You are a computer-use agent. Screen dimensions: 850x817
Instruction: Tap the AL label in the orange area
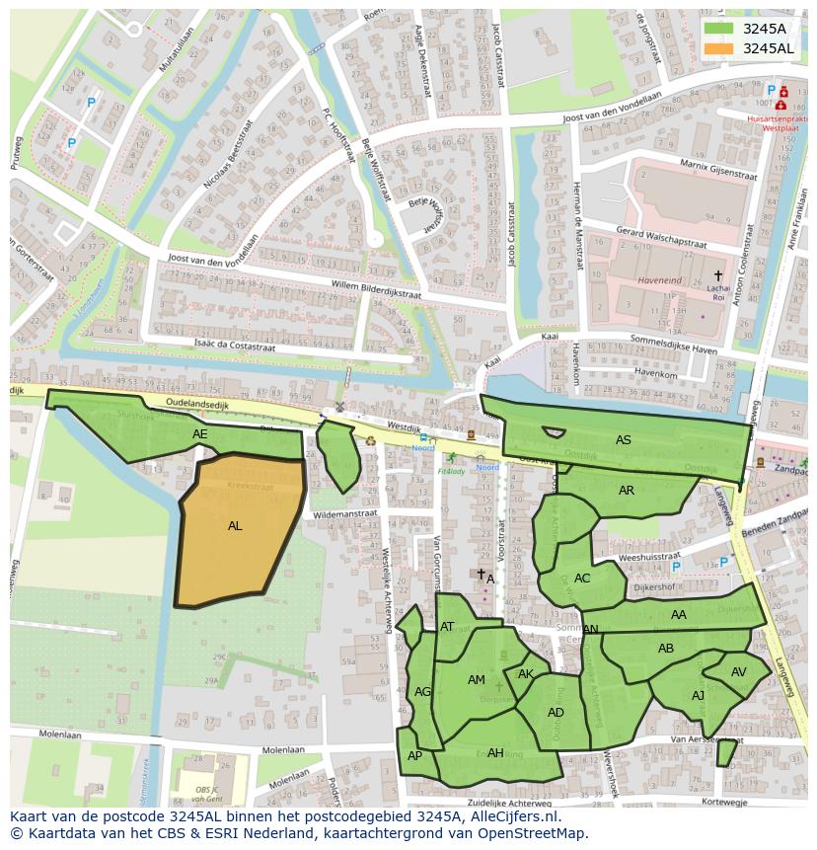coord(235,526)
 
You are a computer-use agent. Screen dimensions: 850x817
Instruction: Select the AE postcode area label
coord(200,434)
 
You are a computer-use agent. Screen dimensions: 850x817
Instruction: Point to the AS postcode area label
coord(623,440)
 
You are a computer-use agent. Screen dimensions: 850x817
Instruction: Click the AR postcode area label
coord(627,491)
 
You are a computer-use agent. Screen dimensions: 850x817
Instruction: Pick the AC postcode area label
coord(582,579)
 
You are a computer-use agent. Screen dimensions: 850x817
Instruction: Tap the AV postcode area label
coord(739,672)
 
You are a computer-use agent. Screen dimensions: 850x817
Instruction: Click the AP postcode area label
coord(414,756)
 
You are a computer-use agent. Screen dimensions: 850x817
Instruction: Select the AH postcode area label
coord(495,753)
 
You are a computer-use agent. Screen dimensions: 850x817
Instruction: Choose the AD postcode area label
coord(556,713)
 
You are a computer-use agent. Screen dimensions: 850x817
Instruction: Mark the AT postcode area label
coord(447,627)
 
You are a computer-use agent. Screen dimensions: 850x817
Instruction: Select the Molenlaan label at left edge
coord(59,734)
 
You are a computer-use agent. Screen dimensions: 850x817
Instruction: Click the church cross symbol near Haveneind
coord(718,275)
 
